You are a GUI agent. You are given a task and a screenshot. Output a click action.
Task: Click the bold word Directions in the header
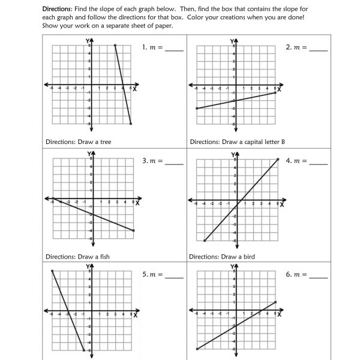pos(56,10)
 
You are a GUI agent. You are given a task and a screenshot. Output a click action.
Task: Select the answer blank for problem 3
pos(173,164)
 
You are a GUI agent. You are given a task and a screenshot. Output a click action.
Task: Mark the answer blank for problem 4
pos(317,164)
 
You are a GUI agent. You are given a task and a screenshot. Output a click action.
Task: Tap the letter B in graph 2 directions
pos(282,142)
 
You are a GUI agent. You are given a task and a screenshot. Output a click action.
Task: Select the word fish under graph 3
pos(103,257)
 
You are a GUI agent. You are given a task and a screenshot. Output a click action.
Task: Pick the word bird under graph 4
pos(248,257)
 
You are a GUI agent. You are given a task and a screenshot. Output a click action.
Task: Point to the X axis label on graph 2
pos(280,89)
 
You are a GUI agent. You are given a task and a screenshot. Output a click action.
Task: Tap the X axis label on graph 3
pos(137,203)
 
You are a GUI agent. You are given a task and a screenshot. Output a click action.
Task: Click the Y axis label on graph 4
pos(233,154)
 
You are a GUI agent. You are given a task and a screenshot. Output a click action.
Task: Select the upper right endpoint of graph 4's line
pos(278,159)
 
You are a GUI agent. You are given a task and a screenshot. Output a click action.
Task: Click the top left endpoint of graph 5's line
pos(52,271)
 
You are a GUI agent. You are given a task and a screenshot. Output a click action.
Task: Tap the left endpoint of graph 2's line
pos(197,108)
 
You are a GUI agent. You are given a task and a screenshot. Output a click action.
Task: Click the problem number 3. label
pos(145,161)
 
